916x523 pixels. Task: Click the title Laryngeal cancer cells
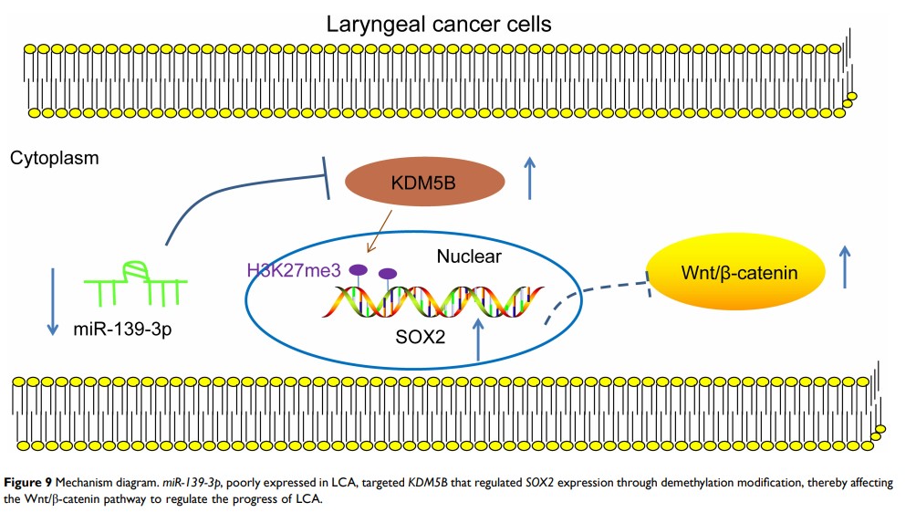(x=439, y=24)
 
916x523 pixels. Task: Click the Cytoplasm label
(x=55, y=159)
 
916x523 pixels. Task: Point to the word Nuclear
(x=468, y=256)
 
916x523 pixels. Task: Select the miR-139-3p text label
(x=122, y=329)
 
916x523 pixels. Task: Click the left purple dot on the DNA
(x=359, y=269)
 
